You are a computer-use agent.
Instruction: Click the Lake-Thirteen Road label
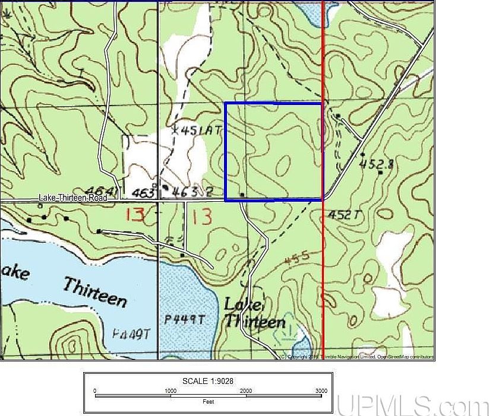[73, 198]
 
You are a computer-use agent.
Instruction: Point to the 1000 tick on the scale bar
[170, 391]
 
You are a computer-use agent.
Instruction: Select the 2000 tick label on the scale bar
[245, 391]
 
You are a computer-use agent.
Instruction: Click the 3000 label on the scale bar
[321, 391]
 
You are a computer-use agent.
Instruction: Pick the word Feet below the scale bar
[207, 402]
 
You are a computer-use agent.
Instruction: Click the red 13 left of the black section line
[135, 214]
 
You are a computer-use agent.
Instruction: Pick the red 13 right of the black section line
[202, 217]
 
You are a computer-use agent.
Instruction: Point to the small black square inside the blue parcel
[241, 194]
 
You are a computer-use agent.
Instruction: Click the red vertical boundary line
[323, 267]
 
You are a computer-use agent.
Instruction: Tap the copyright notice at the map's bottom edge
[357, 357]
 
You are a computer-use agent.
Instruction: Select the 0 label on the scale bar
[95, 391]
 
